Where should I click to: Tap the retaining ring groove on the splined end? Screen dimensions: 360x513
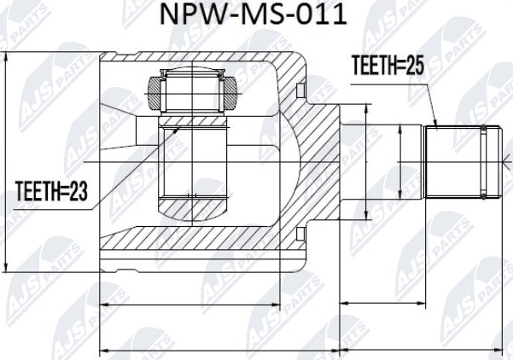[483, 160]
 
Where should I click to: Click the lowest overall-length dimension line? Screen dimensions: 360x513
[299, 349]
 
